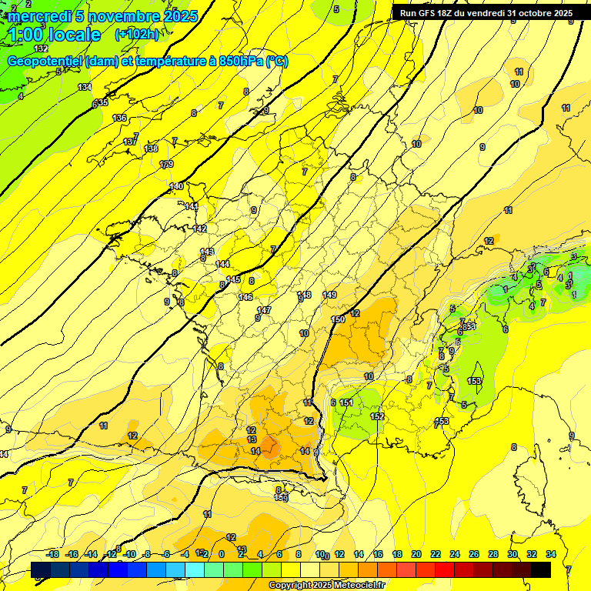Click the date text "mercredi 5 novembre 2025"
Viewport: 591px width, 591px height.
[x=103, y=16]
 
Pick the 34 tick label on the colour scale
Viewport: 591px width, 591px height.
[x=550, y=554]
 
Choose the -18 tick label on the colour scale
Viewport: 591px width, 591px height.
[x=53, y=554]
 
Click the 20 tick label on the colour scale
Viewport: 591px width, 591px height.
[x=416, y=554]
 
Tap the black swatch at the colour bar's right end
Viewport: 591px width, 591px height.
[x=540, y=569]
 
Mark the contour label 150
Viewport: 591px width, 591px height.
[x=337, y=319]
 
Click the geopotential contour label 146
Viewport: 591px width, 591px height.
[x=245, y=297]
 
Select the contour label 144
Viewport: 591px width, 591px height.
[x=222, y=264]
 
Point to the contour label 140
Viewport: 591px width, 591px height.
[x=176, y=186]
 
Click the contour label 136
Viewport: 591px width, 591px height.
[x=119, y=118]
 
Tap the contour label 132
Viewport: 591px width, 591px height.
[x=41, y=48]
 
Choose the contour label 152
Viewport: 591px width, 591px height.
[x=377, y=416]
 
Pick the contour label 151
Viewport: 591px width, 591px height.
[x=346, y=402]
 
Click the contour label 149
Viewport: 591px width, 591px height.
[x=329, y=295]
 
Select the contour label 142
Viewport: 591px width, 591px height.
[x=200, y=229]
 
